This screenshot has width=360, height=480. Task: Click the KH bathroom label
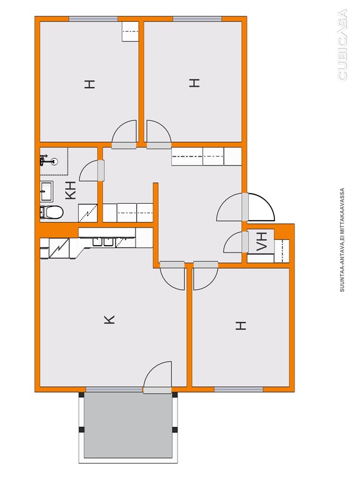coord(71,191)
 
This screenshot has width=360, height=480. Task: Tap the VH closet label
coord(262,241)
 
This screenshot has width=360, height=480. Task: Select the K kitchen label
coord(109,319)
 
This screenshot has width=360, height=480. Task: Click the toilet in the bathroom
coord(51,212)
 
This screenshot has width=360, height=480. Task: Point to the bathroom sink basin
coord(46,191)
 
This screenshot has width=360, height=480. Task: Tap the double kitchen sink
coord(103,242)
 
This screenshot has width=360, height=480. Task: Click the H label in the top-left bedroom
coord(90,84)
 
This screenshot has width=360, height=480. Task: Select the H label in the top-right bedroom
coord(194,83)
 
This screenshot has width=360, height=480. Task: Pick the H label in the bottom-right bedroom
coord(241,326)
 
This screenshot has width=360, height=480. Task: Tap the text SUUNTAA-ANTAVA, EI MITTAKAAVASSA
coord(342,240)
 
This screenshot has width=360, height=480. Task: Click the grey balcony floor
coord(128,426)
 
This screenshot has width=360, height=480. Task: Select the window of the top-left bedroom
coord(93,19)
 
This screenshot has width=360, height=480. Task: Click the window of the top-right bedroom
coord(197,19)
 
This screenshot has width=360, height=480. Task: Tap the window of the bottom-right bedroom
coord(239,389)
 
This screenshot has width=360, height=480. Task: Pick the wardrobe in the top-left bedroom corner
coord(130,31)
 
